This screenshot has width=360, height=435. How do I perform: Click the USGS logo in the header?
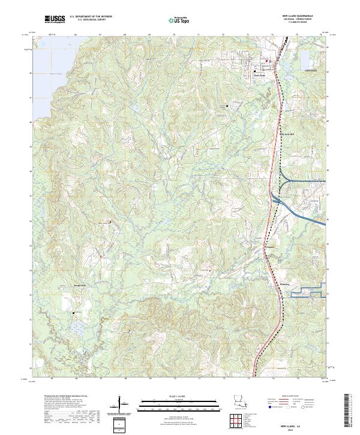(55, 20)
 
